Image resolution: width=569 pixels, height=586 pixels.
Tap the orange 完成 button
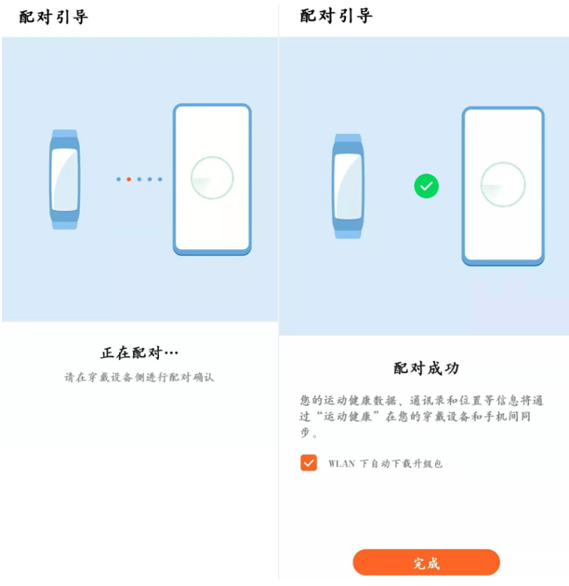pos(426,563)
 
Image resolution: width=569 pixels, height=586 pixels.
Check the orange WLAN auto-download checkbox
pos(309,462)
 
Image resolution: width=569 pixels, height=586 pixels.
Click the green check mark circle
pos(426,187)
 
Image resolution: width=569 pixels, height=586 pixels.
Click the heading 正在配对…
pos(139,353)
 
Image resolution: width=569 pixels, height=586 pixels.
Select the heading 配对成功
pos(426,368)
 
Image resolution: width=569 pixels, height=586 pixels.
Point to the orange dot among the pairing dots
pos(128,179)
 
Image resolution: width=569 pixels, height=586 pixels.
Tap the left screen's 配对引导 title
pos(53,17)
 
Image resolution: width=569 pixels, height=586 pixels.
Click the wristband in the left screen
pos(64,179)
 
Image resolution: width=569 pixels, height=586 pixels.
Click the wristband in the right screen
pos(348,187)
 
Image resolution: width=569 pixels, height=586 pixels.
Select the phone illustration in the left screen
pos(212,179)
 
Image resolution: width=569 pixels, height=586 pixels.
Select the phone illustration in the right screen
pos(502,186)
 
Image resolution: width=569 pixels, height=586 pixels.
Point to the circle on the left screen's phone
pos(212,178)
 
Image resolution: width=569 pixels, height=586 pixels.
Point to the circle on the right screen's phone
pos(503,184)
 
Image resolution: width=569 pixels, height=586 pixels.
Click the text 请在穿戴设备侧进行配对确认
pos(139,378)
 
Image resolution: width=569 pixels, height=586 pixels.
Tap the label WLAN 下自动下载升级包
pos(385,463)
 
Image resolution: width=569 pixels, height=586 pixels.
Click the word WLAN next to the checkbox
pos(341,463)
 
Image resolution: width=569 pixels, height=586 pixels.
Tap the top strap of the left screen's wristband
pos(64,136)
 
